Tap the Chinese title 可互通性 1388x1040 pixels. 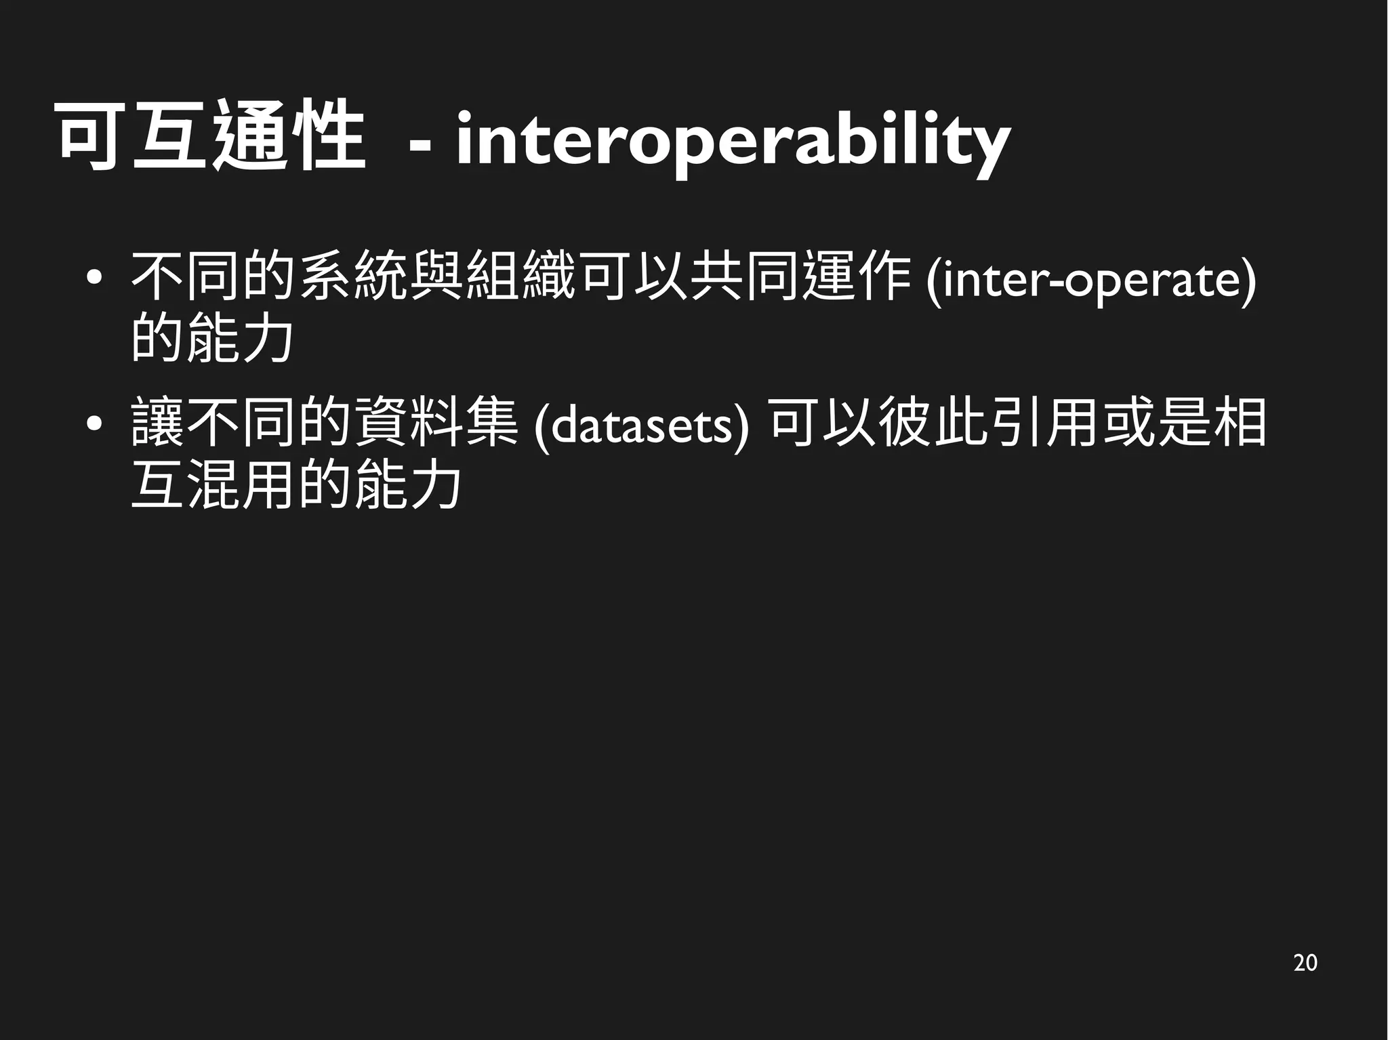point(211,136)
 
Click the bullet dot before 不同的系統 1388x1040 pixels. point(94,277)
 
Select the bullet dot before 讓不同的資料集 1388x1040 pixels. point(94,425)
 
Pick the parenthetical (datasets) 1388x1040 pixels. point(640,426)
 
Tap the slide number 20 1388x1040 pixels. point(1305,963)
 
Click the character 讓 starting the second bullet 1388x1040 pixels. point(157,423)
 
